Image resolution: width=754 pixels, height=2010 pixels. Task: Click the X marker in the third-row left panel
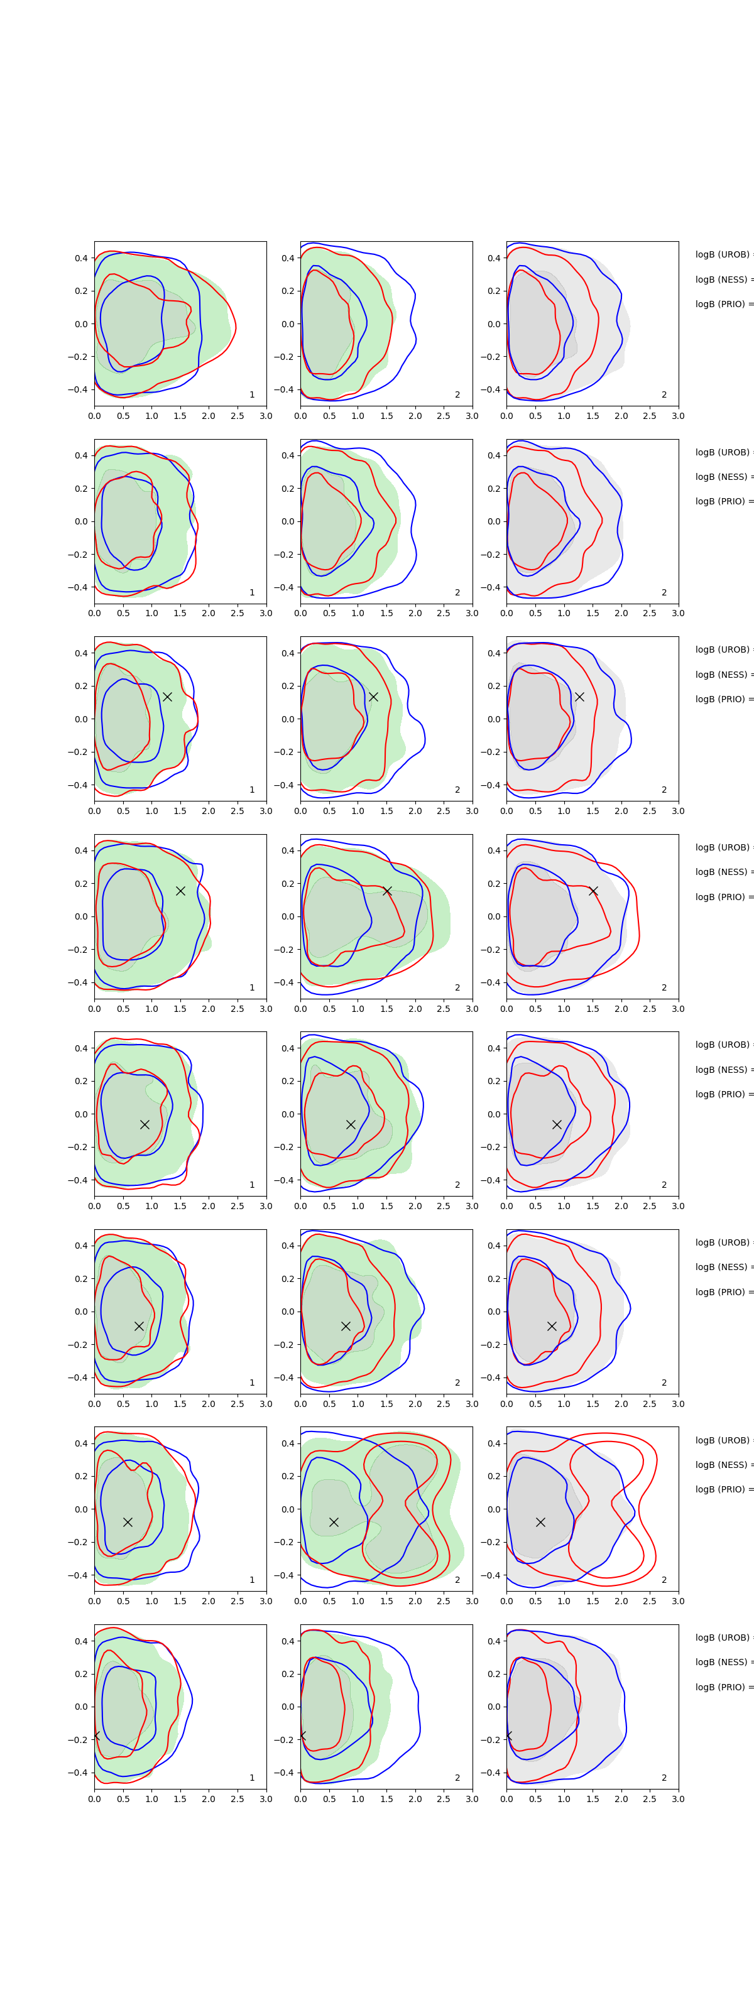click(x=167, y=697)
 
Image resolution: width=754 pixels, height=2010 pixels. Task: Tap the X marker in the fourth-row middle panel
click(x=387, y=891)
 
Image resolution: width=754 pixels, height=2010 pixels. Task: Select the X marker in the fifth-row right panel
click(x=557, y=1124)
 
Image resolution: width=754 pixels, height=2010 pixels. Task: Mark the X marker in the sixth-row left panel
click(x=139, y=1327)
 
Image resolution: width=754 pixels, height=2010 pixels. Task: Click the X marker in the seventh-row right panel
click(x=540, y=1523)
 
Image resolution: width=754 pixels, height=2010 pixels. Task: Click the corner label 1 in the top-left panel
click(x=252, y=395)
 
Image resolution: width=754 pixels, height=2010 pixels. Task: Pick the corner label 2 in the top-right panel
click(x=664, y=395)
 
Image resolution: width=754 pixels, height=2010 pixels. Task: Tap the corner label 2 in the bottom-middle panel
click(x=457, y=1778)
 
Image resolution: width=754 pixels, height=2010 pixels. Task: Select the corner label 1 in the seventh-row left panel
click(x=252, y=1580)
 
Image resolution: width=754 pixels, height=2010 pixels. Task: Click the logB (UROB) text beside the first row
click(x=723, y=255)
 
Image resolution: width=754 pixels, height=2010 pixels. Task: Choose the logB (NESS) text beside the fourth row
click(x=723, y=872)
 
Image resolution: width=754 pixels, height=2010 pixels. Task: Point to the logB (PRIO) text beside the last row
click(x=723, y=1687)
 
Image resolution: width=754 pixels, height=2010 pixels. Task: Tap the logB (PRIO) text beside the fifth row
click(x=723, y=1095)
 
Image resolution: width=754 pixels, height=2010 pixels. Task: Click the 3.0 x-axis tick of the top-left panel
click(x=266, y=416)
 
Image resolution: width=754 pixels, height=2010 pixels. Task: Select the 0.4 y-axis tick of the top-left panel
click(x=81, y=258)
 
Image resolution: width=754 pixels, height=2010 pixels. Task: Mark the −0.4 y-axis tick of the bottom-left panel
click(x=79, y=1773)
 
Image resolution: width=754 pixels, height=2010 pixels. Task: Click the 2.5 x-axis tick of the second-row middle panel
click(x=444, y=613)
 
